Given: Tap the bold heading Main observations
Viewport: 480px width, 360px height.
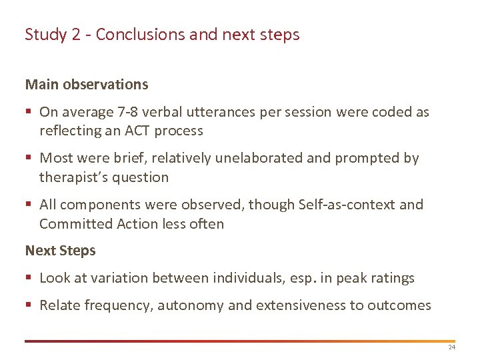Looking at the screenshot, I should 87,85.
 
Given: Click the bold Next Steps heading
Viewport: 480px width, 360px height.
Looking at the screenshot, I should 60,251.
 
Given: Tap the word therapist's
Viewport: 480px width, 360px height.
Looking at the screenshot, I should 72,177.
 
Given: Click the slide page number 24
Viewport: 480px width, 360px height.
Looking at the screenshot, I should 451,347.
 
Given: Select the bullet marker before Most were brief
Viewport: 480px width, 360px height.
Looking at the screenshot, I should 29,159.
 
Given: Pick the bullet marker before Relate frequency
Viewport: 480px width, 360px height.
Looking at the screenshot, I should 29,306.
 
